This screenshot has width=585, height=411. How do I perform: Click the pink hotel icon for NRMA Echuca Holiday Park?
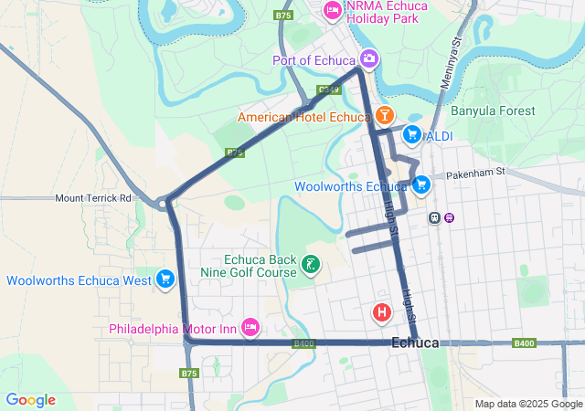coord(332,10)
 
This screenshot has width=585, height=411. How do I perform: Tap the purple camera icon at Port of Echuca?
coord(368,59)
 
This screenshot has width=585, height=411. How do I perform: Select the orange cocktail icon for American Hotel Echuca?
coord(384,116)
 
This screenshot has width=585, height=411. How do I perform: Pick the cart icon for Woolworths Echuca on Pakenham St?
coord(420,185)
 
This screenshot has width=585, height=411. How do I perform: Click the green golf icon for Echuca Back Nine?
coord(311,266)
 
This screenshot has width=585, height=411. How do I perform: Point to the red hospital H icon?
coord(382,312)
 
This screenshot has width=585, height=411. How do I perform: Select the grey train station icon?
coord(434,217)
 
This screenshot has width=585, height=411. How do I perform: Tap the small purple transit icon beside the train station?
coord(450,217)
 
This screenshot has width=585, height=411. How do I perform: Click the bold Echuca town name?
coord(415,342)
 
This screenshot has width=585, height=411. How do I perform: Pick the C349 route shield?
coord(329,90)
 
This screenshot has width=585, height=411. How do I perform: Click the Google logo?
coord(30,400)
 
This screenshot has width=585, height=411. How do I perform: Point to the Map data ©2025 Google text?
coord(527,404)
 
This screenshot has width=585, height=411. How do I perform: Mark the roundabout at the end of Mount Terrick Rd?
coord(165,203)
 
